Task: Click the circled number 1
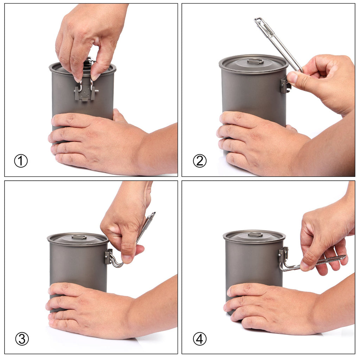21,161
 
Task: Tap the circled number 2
200,161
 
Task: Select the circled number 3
22,339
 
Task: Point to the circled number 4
200,339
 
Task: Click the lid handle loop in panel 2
255,61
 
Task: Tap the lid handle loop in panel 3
79,237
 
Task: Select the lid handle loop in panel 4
255,234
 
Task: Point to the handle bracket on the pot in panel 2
284,86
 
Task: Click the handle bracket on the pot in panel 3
108,257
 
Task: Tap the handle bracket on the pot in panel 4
283,255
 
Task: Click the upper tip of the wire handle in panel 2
258,20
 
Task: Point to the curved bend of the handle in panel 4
283,268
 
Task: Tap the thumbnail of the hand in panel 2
292,78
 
